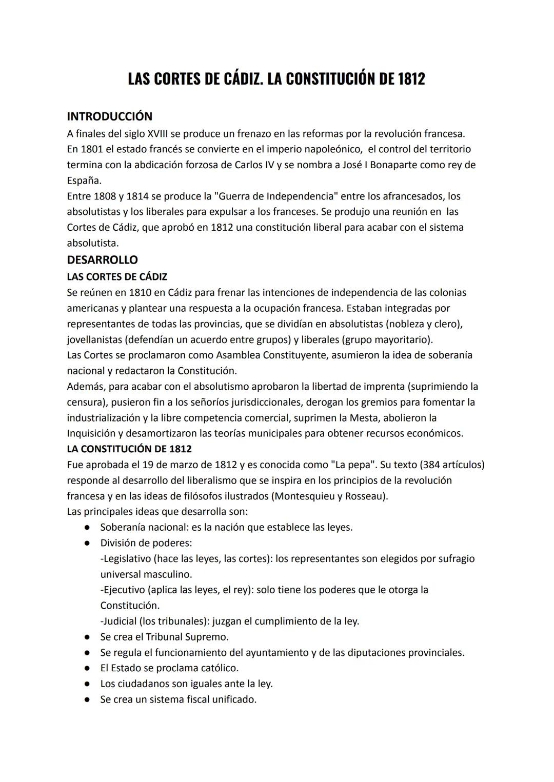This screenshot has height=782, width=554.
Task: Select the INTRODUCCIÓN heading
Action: [x=109, y=116]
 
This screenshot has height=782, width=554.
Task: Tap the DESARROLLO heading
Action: [x=102, y=259]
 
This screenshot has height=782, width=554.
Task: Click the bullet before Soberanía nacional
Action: [x=88, y=528]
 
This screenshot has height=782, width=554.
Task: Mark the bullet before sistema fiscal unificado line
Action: [x=88, y=699]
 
